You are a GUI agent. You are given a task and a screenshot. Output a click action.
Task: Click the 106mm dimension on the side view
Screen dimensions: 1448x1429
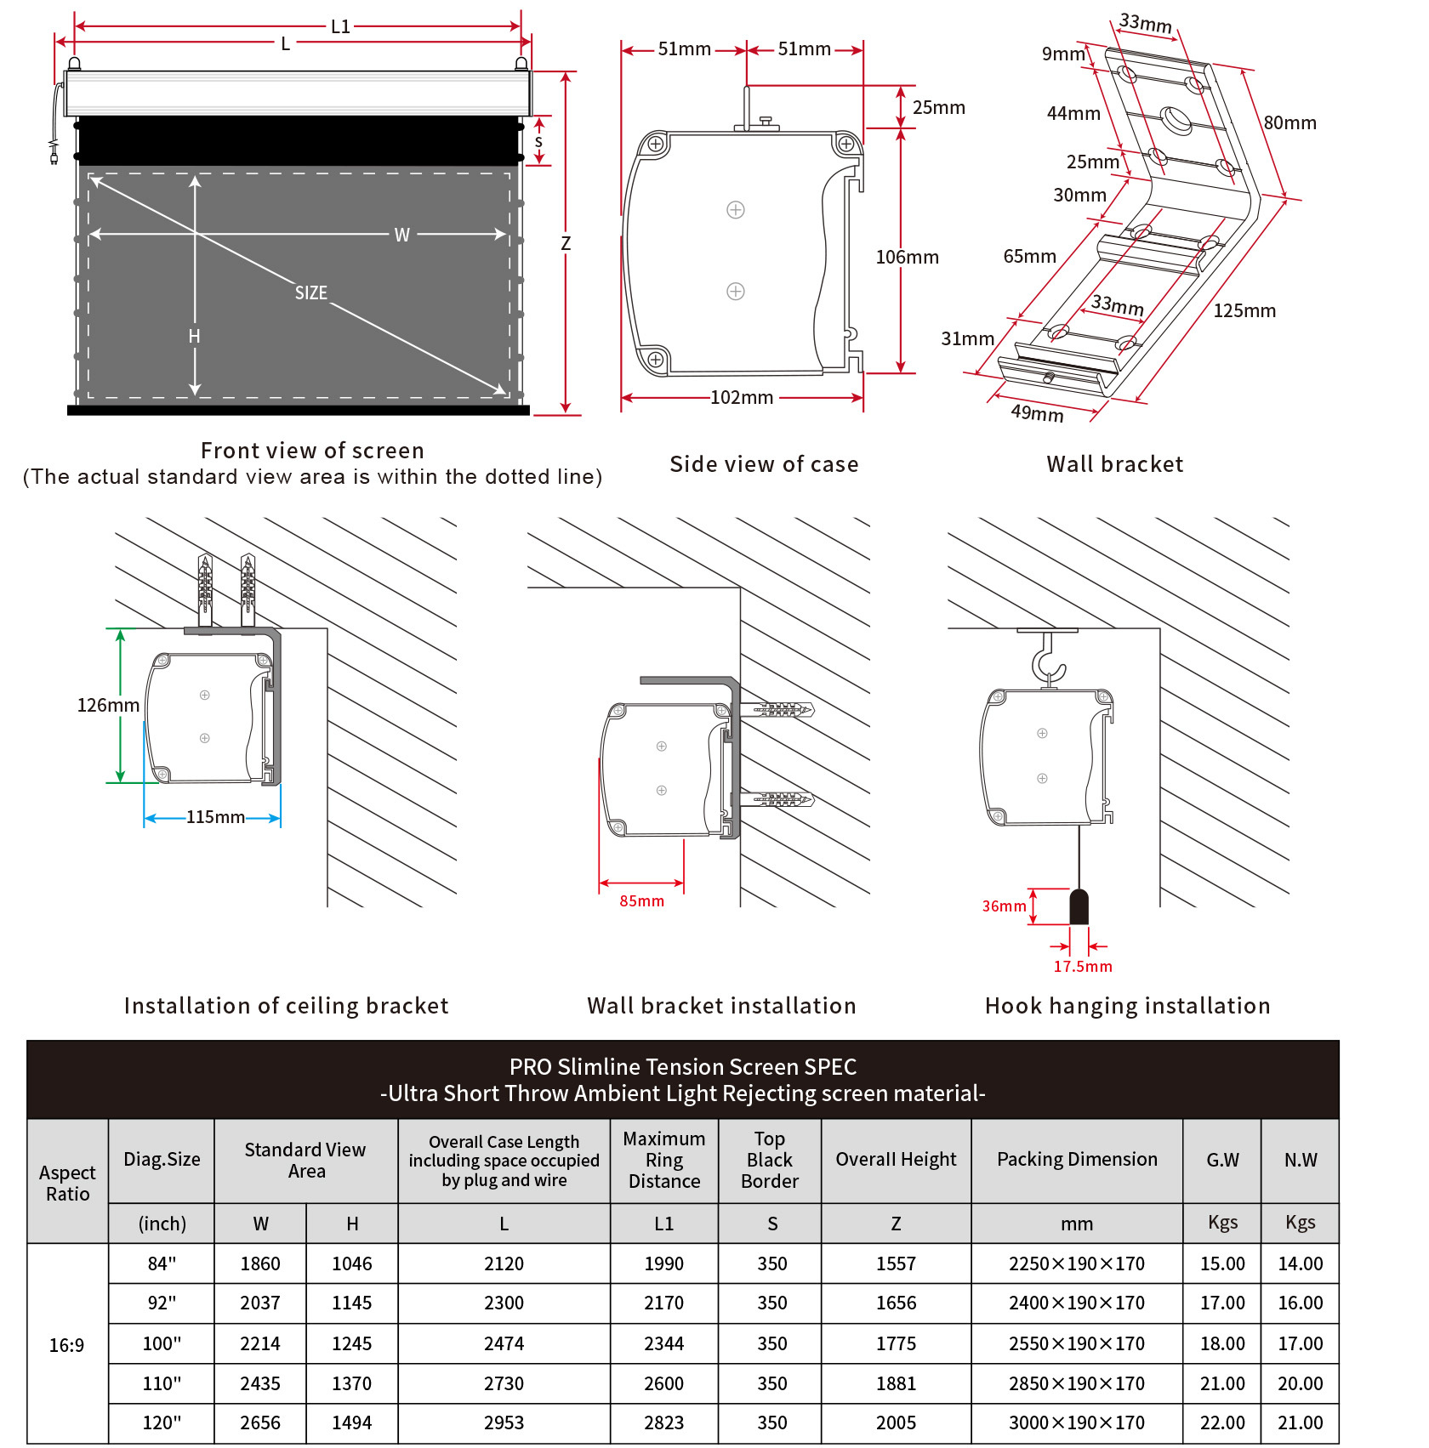(x=907, y=257)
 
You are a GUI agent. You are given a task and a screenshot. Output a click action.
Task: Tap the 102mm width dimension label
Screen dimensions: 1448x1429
(x=742, y=397)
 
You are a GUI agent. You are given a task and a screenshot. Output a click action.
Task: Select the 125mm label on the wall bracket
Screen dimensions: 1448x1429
(x=1244, y=311)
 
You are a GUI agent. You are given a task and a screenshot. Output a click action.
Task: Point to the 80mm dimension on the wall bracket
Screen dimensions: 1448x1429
(x=1290, y=123)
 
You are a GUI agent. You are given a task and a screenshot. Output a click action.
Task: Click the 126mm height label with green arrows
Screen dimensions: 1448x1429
(x=108, y=705)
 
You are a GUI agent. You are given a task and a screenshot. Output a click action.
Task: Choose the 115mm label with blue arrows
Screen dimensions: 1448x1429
(x=215, y=817)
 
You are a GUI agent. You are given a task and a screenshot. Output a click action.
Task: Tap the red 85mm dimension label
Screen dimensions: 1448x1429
(x=641, y=901)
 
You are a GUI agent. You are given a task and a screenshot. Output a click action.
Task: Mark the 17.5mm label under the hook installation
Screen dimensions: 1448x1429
(x=1082, y=967)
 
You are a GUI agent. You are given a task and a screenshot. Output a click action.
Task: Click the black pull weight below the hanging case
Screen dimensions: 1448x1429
(x=1079, y=906)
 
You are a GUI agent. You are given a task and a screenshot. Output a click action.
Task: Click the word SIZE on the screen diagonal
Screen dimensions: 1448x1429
(x=311, y=293)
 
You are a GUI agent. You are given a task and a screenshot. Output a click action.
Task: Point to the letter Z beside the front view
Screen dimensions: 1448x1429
(x=566, y=244)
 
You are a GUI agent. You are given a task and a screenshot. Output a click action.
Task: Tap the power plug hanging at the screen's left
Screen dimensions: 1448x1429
(x=54, y=154)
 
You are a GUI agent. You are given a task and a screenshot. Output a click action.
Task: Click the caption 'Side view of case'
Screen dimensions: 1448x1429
(x=764, y=464)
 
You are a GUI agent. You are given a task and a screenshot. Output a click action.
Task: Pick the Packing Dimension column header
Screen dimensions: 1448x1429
(x=1077, y=1160)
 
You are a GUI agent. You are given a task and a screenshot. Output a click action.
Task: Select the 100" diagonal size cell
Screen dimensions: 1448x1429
(x=162, y=1343)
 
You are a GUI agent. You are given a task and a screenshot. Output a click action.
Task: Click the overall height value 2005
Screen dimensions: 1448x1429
(x=896, y=1422)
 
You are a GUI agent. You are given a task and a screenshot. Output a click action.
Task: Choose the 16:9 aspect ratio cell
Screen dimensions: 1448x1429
(x=67, y=1345)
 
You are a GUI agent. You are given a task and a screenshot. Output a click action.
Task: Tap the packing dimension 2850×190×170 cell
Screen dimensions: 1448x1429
(x=1077, y=1383)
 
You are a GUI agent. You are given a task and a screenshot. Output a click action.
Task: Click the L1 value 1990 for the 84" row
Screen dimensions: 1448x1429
(x=663, y=1263)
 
